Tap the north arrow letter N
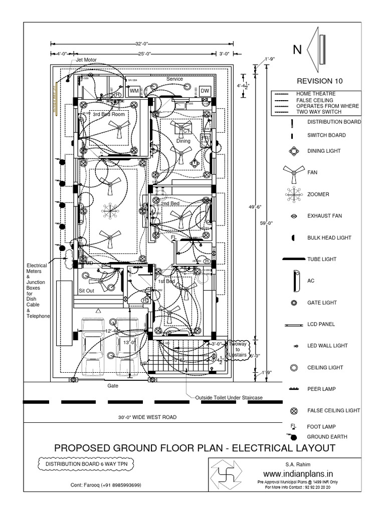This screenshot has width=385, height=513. click(297, 50)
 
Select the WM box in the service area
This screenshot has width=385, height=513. click(134, 92)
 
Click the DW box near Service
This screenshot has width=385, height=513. click(205, 91)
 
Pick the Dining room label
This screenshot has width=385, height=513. click(183, 141)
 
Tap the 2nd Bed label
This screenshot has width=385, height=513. click(169, 204)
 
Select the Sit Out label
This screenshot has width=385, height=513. click(87, 290)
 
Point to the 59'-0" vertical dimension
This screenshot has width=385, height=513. click(269, 223)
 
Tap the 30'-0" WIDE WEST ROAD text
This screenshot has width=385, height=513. click(147, 417)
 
